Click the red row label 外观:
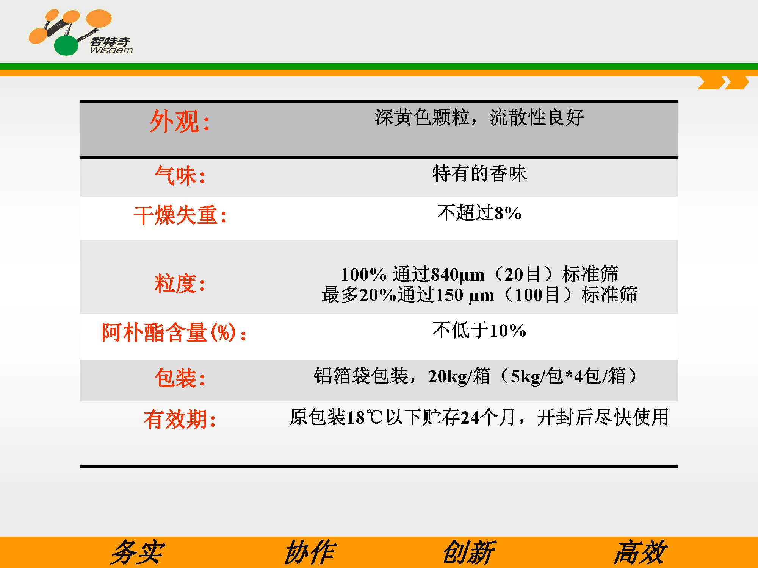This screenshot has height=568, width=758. click(x=180, y=122)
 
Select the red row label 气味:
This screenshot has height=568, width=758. click(x=180, y=176)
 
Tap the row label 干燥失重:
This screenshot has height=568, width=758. click(x=180, y=215)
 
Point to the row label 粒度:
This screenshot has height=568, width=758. click(x=180, y=284)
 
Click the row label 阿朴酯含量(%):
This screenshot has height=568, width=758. click(x=174, y=332)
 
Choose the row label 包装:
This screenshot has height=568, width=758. click(x=180, y=378)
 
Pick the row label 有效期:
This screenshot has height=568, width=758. click(x=180, y=419)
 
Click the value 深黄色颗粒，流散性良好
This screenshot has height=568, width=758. click(x=479, y=117)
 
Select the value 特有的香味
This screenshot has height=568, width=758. click(x=479, y=173)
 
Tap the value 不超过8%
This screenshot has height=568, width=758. click(x=479, y=212)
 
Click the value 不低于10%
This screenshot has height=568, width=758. click(x=479, y=330)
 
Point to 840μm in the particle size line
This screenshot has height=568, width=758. click(x=458, y=275)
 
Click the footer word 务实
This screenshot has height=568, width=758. click(x=137, y=552)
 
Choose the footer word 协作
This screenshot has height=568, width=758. click(x=310, y=552)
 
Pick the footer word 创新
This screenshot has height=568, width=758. click(x=469, y=552)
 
